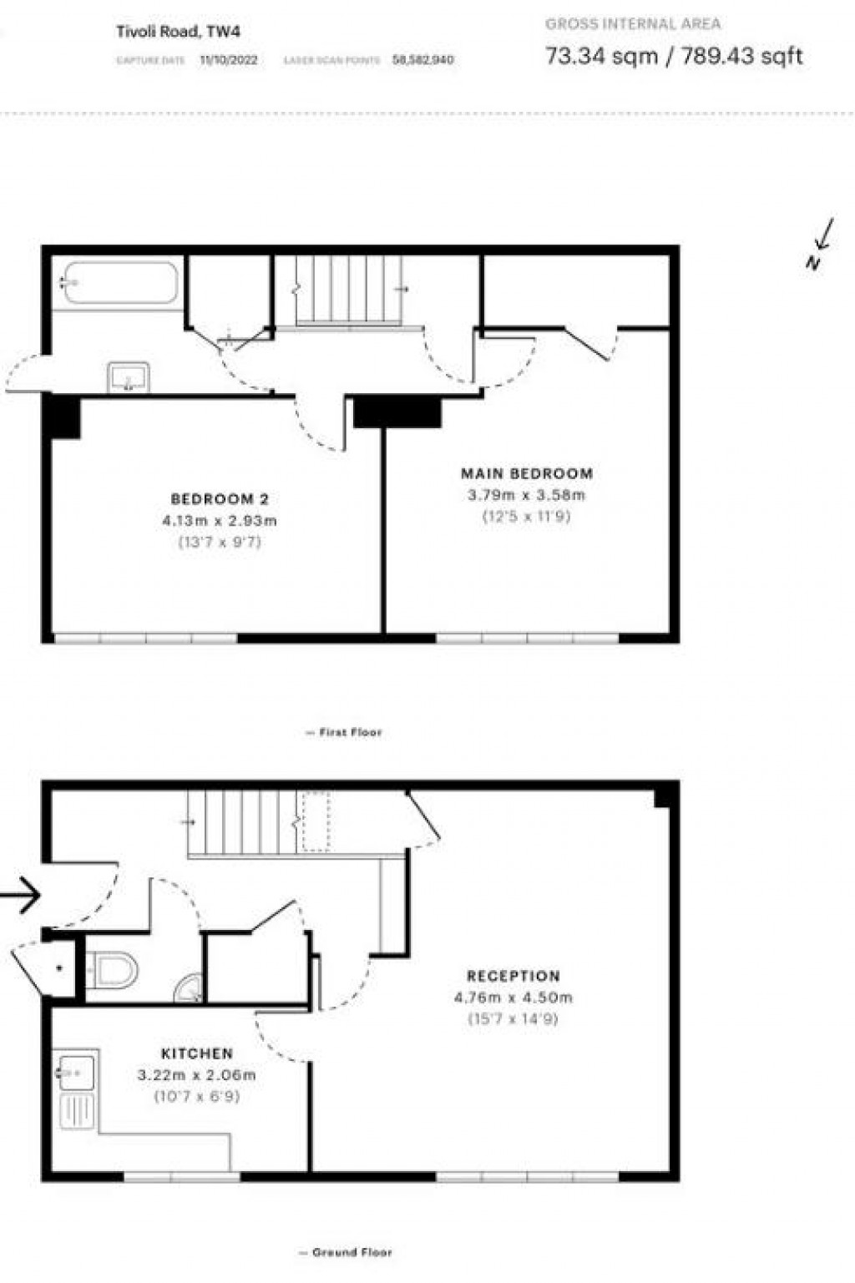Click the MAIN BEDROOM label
(x=527, y=473)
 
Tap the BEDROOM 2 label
(x=220, y=499)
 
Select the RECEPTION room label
(x=514, y=976)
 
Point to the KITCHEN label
(x=197, y=1053)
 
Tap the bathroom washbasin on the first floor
(x=129, y=377)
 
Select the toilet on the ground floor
(x=114, y=970)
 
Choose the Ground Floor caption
(x=346, y=1252)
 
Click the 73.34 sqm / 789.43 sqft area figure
(x=674, y=56)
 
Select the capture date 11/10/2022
(x=229, y=60)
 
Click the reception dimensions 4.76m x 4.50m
(x=514, y=998)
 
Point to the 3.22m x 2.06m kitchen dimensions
(x=197, y=1075)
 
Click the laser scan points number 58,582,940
(x=423, y=60)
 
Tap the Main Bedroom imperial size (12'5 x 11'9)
(x=527, y=517)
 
